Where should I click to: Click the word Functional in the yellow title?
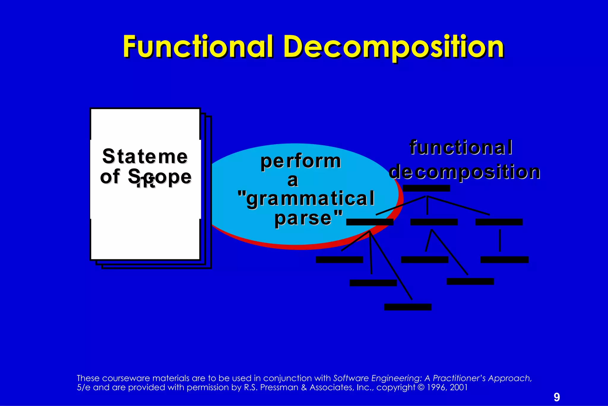[198, 47]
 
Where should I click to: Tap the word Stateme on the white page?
[145, 156]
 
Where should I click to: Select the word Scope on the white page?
[160, 177]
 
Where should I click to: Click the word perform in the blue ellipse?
[301, 162]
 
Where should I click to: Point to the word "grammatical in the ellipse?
[306, 199]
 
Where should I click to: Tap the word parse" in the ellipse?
[308, 218]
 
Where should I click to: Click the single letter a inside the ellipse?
[292, 181]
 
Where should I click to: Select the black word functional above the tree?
[461, 148]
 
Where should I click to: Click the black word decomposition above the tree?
[465, 172]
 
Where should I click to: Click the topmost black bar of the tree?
[426, 188]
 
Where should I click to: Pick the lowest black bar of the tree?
[408, 307]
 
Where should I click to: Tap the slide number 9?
[557, 397]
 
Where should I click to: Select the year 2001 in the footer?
[459, 387]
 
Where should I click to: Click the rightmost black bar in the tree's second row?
[499, 222]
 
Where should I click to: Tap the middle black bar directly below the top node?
[434, 222]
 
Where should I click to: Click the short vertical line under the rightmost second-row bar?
[500, 240]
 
